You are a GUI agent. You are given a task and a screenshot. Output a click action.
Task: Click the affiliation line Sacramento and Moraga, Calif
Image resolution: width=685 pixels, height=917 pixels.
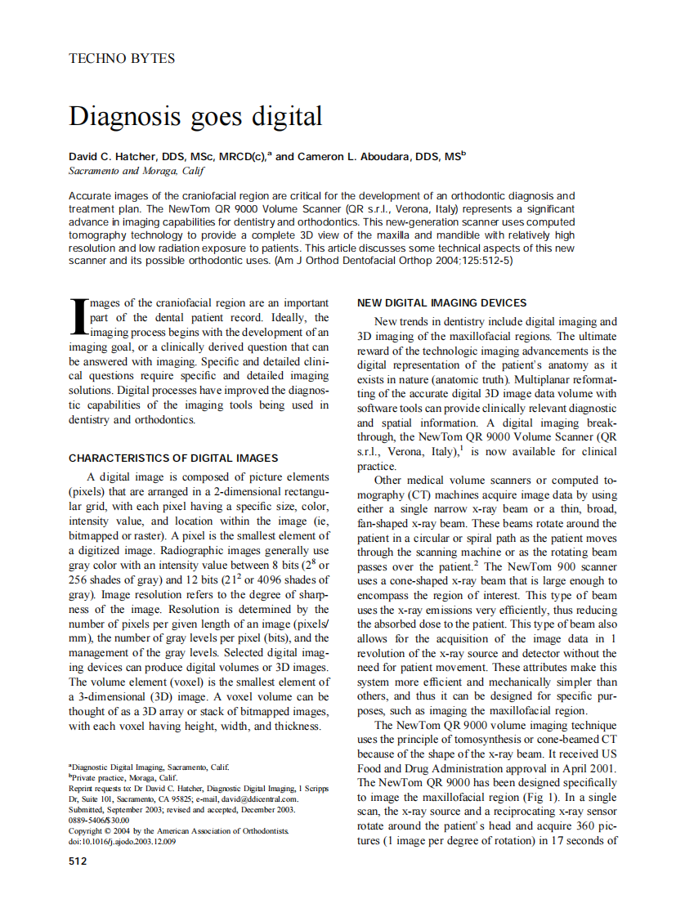coord(136,171)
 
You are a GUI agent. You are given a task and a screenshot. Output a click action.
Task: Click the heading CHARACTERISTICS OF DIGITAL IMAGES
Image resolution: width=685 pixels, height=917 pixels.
coord(173,458)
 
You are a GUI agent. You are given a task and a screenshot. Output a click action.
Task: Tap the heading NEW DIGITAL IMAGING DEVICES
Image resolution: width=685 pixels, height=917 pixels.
coord(442,303)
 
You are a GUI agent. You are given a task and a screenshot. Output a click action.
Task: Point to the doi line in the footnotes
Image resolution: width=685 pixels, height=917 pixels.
coord(122,841)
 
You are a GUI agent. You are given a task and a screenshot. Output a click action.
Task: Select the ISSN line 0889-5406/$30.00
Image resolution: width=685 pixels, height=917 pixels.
coord(99,820)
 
